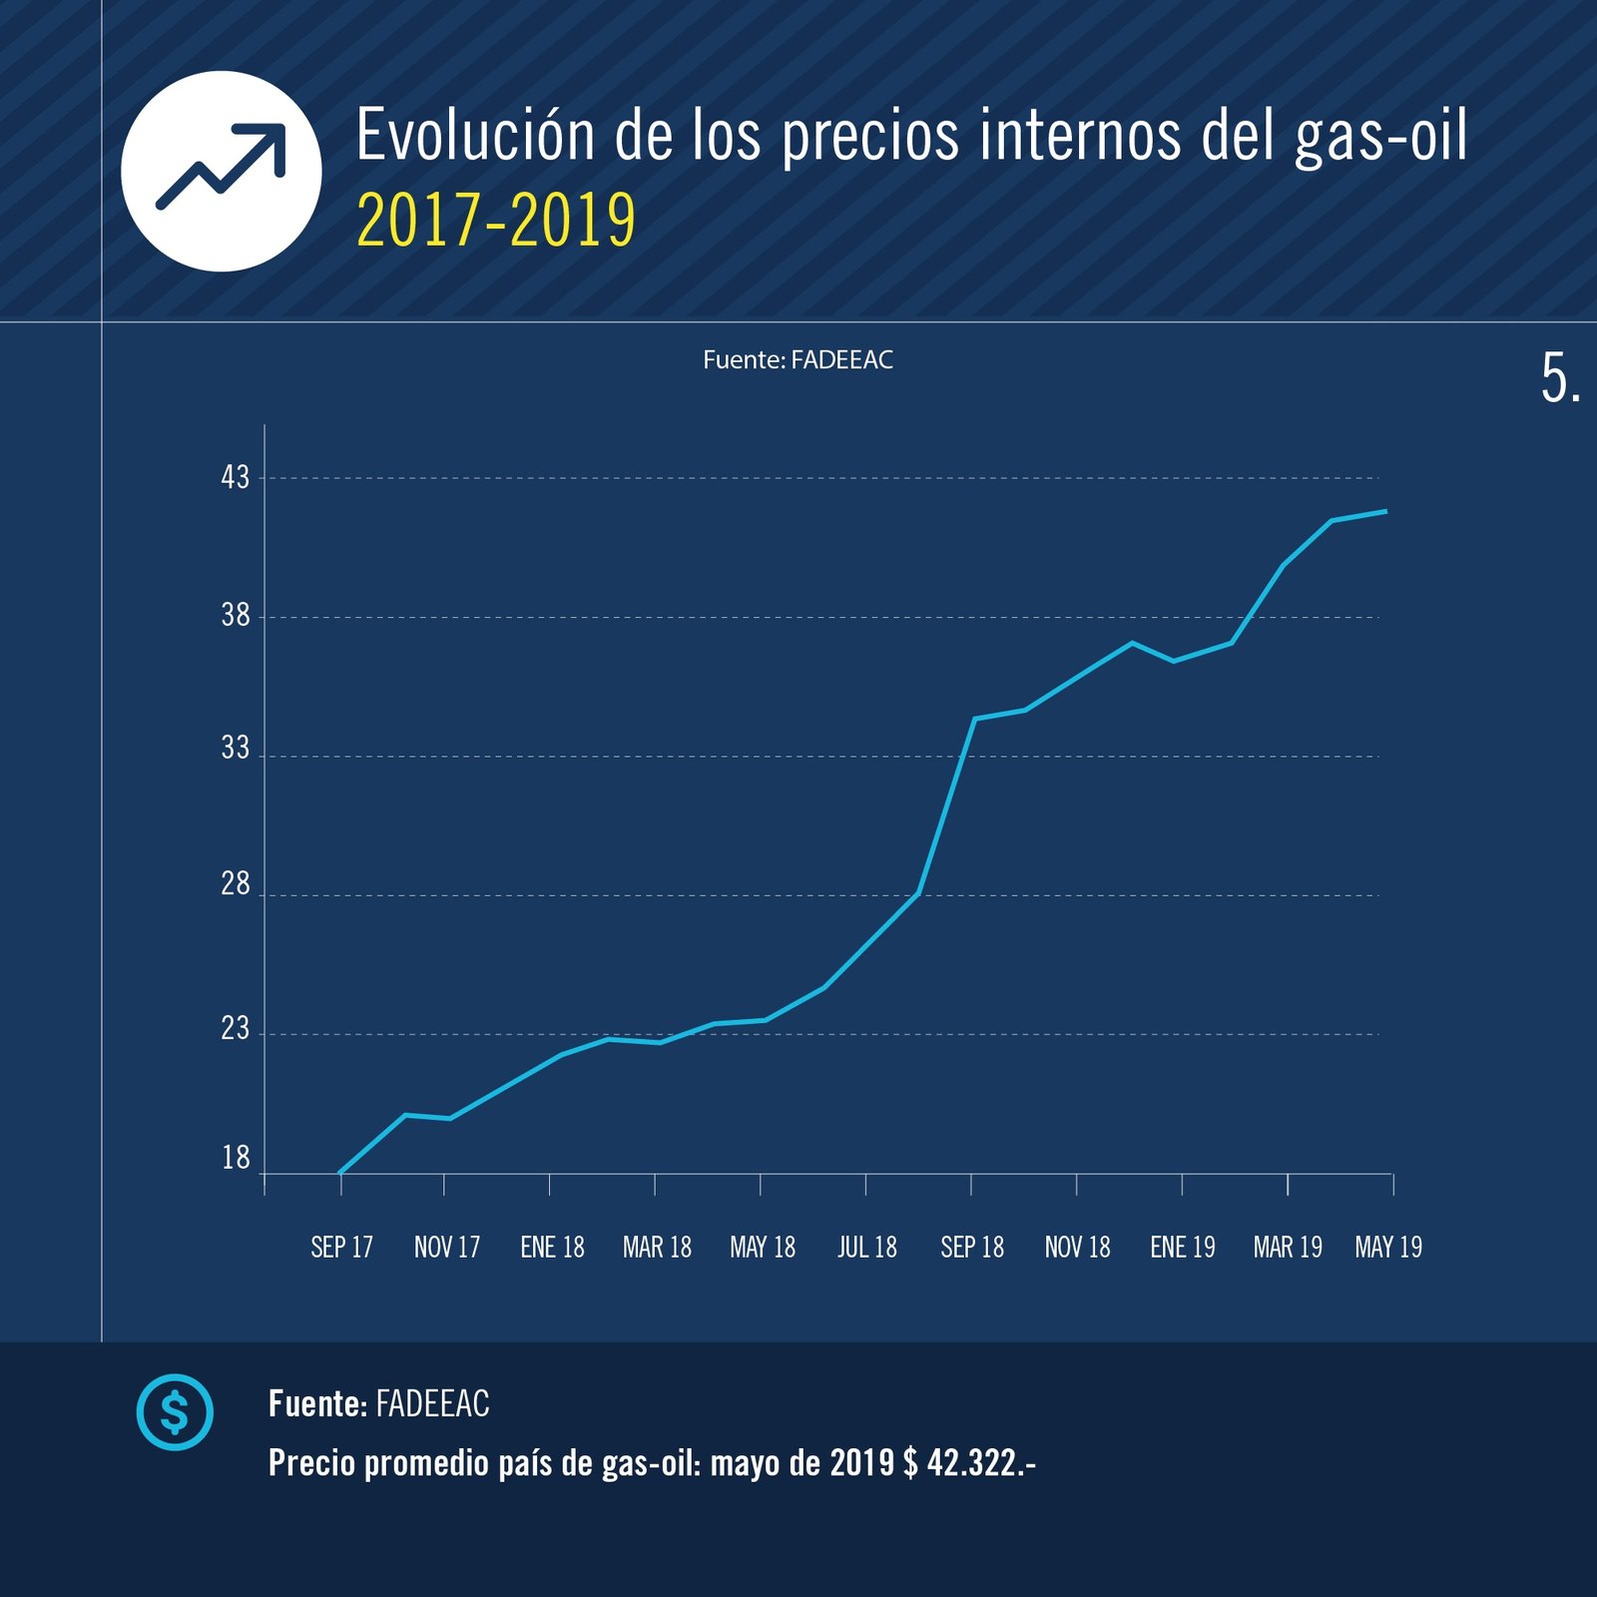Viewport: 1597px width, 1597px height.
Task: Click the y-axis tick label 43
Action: click(236, 477)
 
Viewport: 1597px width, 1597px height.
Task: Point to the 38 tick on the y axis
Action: click(236, 615)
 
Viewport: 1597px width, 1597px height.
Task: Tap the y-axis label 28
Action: click(236, 884)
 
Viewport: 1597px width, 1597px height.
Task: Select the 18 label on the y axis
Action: click(236, 1158)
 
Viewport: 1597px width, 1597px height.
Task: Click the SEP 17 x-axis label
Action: click(341, 1248)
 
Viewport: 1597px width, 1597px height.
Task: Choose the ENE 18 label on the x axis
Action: click(552, 1248)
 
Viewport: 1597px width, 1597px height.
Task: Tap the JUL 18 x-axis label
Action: click(866, 1248)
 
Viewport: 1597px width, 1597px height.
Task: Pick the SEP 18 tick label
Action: click(972, 1248)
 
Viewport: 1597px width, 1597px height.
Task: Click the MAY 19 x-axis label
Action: click(1388, 1248)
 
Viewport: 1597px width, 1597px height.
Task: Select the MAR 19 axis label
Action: click(1288, 1248)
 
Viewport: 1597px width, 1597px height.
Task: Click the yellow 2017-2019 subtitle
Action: click(496, 221)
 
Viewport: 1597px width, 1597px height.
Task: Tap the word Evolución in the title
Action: click(475, 136)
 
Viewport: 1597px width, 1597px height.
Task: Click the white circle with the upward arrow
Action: click(222, 171)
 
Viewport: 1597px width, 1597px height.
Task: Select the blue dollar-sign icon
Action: click(175, 1412)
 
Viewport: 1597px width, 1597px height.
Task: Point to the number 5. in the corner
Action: click(1560, 379)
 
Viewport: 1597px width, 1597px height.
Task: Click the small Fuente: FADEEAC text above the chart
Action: click(798, 360)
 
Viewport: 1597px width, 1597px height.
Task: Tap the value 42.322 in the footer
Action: click(973, 1463)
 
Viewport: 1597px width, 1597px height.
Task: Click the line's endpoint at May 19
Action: click(1386, 511)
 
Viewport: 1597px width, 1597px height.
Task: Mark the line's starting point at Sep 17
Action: click(341, 1172)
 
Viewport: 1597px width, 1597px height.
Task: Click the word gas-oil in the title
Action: click(1380, 136)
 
